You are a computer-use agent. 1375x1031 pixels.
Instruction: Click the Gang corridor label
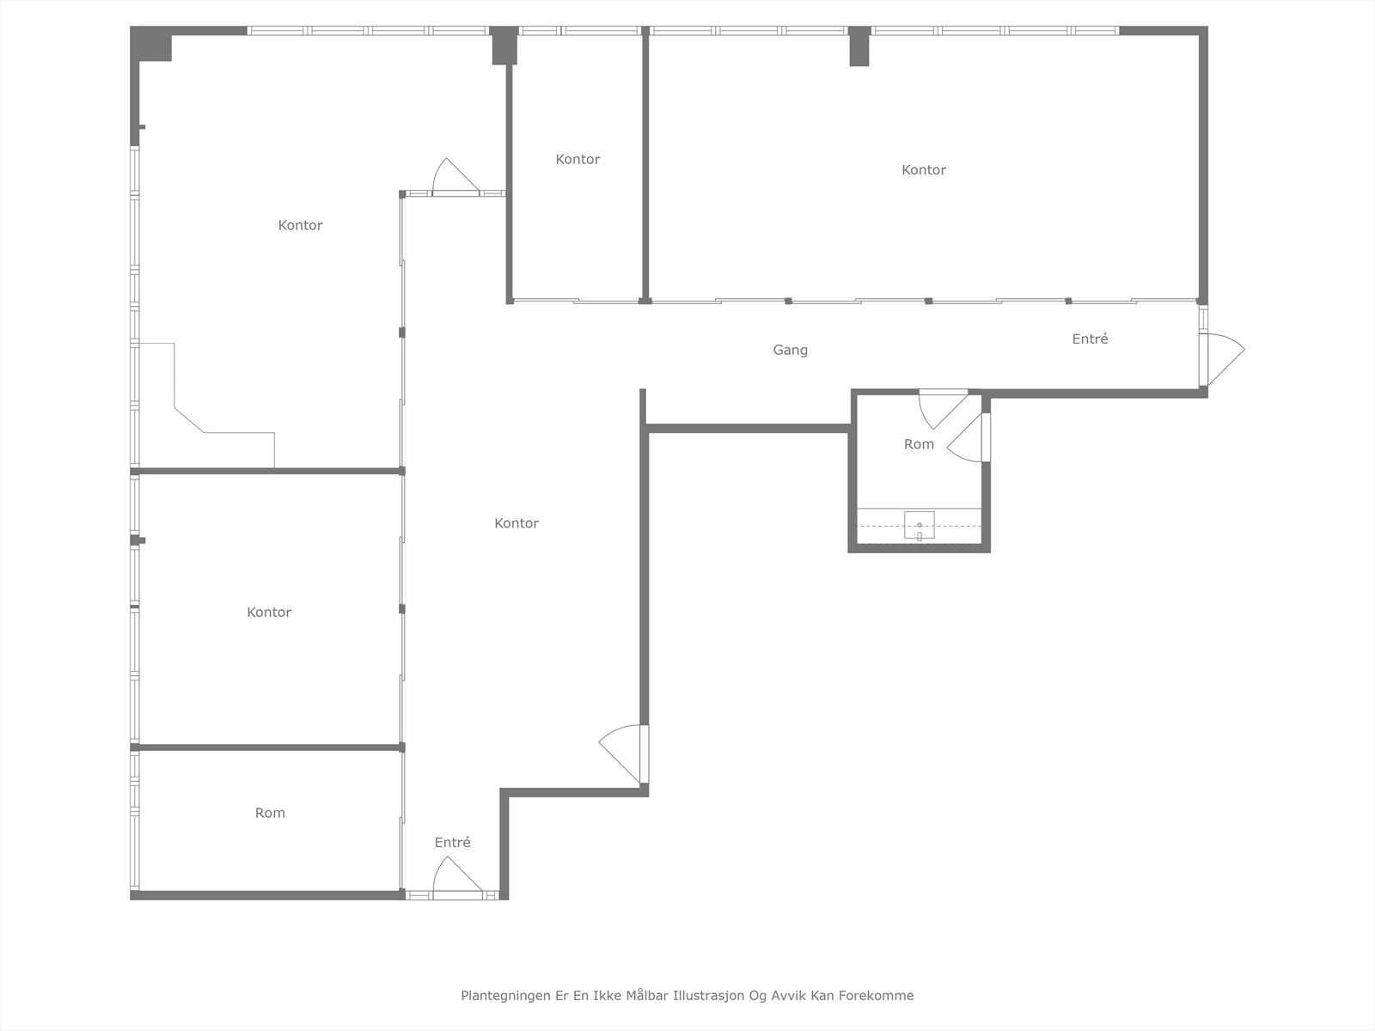coord(790,350)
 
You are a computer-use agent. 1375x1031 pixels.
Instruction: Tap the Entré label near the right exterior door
coord(1090,339)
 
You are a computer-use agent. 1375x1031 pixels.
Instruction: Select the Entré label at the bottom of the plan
coord(452,842)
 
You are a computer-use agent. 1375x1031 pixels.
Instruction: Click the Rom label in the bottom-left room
coord(270,813)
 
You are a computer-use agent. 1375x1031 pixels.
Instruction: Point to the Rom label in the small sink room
coord(919,444)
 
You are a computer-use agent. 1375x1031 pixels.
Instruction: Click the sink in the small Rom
coord(919,525)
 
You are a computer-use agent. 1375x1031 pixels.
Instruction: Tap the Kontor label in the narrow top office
coord(577,159)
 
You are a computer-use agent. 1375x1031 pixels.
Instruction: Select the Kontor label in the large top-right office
coord(924,170)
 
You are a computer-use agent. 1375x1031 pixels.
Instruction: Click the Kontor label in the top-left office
coord(300,225)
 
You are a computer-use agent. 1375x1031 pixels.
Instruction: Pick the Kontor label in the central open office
coord(516,523)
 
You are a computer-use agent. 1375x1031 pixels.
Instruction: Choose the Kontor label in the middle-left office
coord(269,612)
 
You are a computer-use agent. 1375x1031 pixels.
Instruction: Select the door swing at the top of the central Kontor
coord(453,176)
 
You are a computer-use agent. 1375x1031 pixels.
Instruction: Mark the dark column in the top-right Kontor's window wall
coord(859,46)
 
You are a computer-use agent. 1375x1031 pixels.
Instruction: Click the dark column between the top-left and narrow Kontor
coord(504,46)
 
